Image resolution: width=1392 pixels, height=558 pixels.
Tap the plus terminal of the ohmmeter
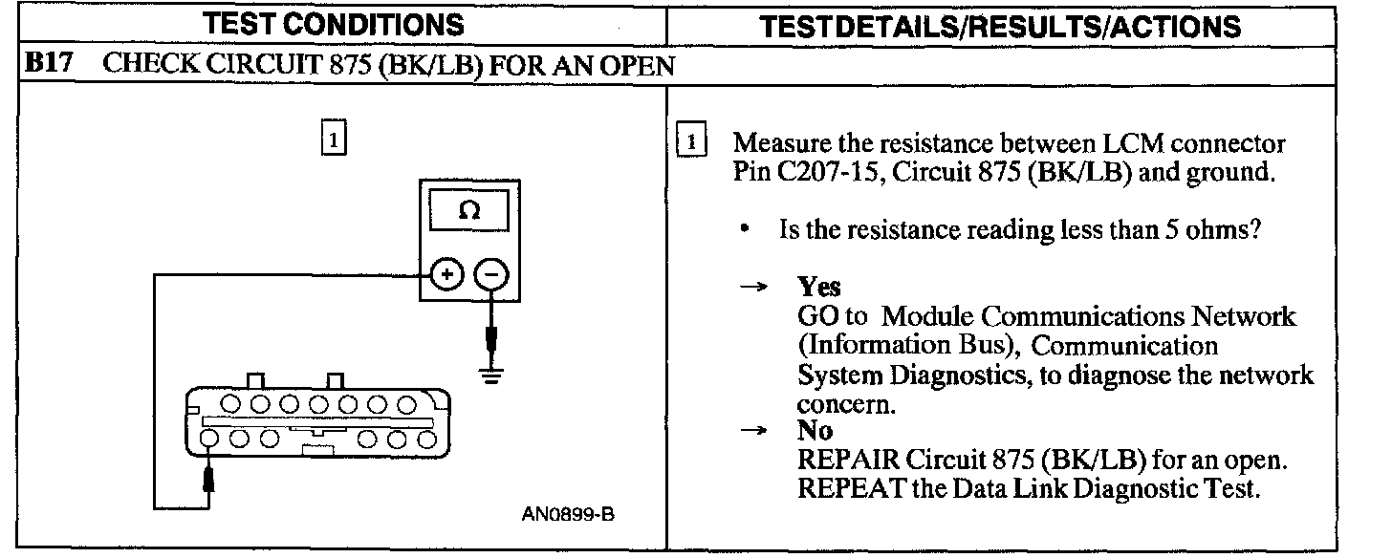tap(446, 275)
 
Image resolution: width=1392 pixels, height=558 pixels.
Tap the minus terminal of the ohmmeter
tap(490, 275)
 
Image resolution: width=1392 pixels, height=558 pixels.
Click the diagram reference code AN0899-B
tap(568, 515)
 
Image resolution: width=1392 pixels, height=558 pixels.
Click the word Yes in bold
tap(818, 288)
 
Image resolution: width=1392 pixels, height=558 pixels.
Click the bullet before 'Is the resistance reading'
tap(743, 231)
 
